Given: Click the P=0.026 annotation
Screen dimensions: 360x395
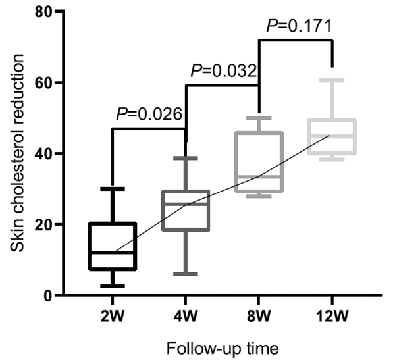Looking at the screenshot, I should tap(149, 114).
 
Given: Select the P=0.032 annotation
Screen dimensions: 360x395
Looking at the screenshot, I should tap(223, 70).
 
